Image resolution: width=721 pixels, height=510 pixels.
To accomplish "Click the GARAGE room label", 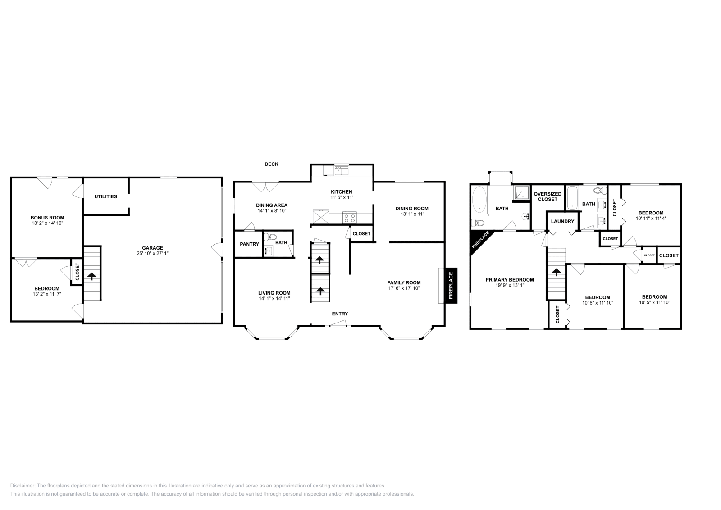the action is pos(153,248).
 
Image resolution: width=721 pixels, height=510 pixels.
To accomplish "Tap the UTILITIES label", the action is pos(106,196).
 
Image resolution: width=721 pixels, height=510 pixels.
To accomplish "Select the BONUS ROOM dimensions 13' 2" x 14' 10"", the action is pos(47,223).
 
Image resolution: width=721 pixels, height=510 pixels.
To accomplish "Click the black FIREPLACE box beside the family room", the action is pos(451,285).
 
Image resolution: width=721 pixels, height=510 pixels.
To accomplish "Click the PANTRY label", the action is pos(250,244).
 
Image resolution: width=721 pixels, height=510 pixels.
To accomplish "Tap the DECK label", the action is pos(271,164).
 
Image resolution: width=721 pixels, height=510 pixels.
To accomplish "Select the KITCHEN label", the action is pos(342,192).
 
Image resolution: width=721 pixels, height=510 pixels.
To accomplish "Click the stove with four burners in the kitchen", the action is pos(350,217).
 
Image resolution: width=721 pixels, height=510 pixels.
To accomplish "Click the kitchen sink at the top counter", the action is pos(342,171).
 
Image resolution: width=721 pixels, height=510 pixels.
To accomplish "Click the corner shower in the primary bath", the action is pos(521,193).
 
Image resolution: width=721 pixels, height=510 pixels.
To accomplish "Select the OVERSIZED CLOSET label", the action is pos(548,196).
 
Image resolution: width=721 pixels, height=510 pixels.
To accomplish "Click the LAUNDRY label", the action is pos(563,221).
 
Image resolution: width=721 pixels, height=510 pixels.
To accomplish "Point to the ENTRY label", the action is pos(340,314).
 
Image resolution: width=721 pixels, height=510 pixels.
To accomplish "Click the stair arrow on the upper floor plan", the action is pos(556,272).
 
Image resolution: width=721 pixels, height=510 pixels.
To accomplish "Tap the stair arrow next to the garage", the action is pos(92,276).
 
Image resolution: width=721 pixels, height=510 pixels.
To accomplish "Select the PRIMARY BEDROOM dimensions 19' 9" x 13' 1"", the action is pos(510,285).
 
